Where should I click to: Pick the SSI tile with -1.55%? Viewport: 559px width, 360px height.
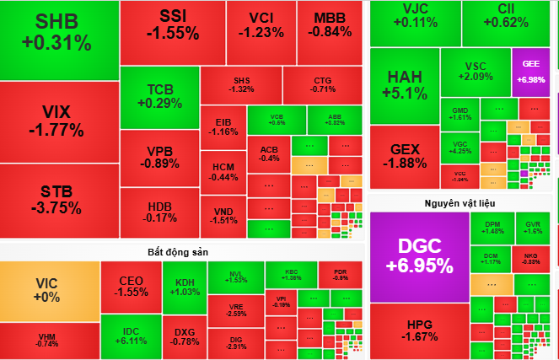(172, 25)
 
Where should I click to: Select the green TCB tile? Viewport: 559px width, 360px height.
(159, 95)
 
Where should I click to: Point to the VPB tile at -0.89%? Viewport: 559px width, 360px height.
(159, 157)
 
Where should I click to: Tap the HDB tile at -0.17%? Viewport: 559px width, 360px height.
(159, 212)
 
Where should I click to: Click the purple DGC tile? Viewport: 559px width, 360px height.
(419, 255)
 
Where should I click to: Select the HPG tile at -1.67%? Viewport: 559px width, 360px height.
(419, 330)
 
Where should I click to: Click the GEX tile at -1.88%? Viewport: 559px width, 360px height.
(404, 156)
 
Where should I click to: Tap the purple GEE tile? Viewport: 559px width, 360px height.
(530, 70)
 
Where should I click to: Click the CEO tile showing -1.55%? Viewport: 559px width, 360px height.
(131, 287)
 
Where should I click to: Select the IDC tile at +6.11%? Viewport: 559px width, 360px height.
(131, 336)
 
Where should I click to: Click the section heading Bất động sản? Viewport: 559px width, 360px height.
(171, 252)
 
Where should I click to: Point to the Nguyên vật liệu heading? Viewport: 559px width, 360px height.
(460, 203)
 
